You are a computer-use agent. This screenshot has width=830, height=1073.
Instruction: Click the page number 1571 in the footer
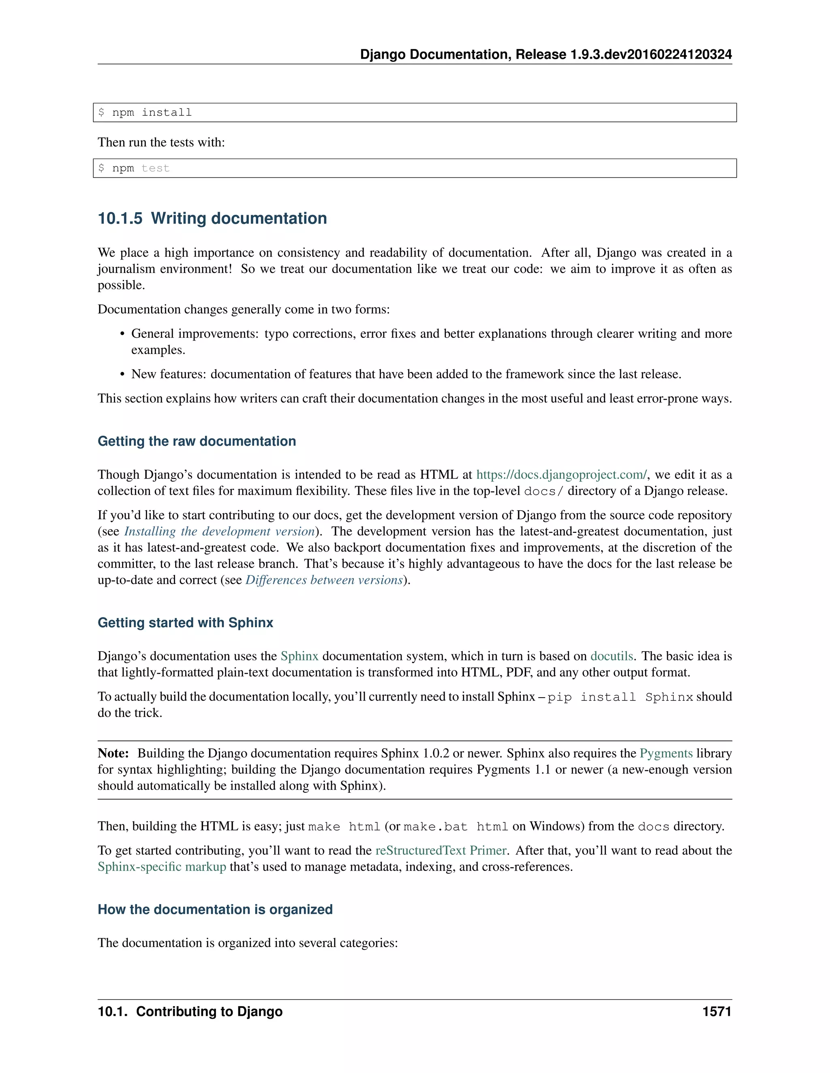[x=717, y=1011]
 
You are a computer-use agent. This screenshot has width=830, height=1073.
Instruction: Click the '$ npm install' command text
[x=145, y=113]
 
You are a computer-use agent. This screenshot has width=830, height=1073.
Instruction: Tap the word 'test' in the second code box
[x=155, y=168]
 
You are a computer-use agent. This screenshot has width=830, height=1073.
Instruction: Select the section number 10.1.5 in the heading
[x=120, y=218]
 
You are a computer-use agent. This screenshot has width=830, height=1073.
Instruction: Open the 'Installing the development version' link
[x=219, y=531]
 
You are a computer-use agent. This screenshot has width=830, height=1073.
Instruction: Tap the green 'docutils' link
[x=611, y=656]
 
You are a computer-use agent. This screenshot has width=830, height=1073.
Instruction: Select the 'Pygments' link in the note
[x=666, y=753]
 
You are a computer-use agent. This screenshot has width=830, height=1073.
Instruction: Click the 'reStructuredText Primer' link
[x=441, y=850]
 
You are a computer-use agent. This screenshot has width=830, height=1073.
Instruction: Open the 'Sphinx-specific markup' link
[x=162, y=866]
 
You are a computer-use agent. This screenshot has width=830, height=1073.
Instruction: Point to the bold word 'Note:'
[x=113, y=753]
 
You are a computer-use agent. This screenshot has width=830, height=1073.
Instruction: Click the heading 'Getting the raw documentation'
[x=197, y=441]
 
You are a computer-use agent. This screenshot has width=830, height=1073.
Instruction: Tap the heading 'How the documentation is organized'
[x=215, y=909]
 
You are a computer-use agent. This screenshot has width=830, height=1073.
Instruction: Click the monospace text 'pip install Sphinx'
[x=620, y=697]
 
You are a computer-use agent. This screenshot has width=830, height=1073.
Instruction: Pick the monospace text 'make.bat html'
[x=455, y=827]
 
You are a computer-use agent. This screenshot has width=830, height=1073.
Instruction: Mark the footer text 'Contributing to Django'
[x=209, y=1011]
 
